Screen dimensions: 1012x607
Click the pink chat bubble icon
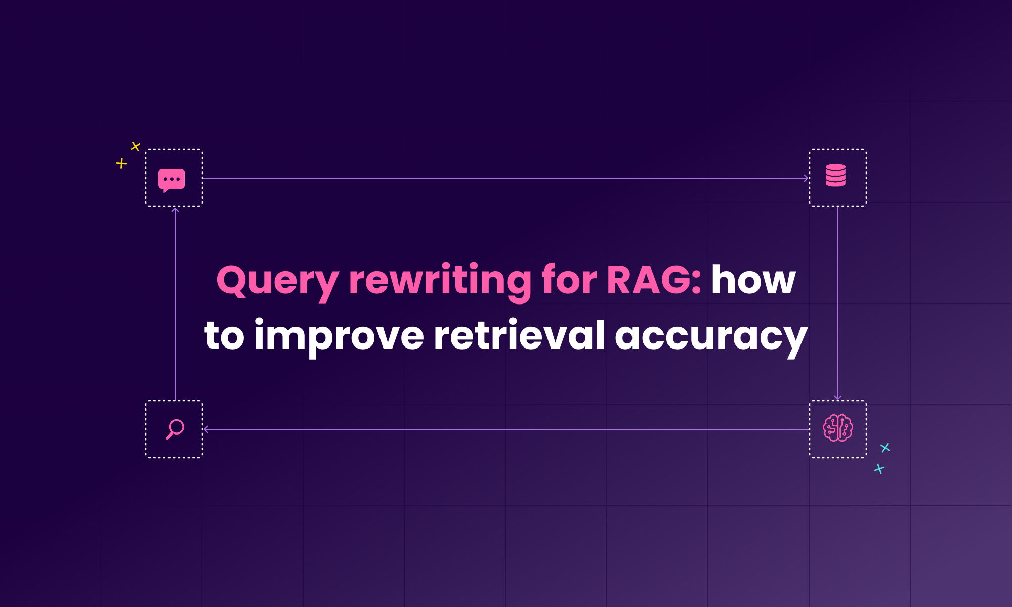172,180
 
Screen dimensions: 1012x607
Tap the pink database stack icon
835,175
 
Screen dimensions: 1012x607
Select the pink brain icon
838,428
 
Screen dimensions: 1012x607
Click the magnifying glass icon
175,429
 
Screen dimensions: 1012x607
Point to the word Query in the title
277,281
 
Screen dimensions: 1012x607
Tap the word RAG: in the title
654,280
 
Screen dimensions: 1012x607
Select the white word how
753,280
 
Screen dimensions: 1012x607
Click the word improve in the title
339,336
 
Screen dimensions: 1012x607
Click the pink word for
569,279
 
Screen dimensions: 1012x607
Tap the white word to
224,335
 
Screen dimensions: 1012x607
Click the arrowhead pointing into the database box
806,178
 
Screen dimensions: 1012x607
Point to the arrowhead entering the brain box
838,397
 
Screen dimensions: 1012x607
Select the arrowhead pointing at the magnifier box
206,429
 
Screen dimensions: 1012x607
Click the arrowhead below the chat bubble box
175,209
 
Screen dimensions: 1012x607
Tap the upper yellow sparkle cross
135,146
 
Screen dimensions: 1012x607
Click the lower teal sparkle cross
879,469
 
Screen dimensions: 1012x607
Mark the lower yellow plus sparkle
121,163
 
